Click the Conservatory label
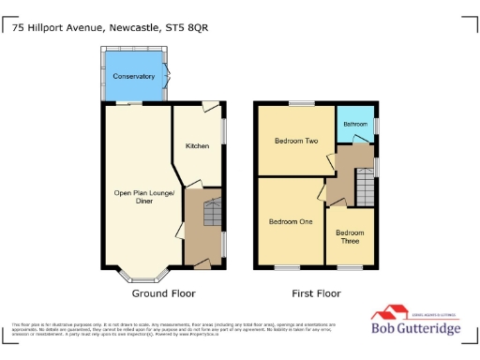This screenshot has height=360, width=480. pos(133,76)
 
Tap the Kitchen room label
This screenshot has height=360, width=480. pos(197,146)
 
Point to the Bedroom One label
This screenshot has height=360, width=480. pos(291,222)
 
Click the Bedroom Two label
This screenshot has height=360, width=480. pos(295,142)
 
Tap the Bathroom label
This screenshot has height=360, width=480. pos(355,124)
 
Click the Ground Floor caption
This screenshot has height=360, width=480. pos(163,293)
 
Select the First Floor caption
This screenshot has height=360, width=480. pos(315,293)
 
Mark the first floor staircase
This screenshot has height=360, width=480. pos(365,191)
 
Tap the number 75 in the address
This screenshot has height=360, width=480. pos(18,28)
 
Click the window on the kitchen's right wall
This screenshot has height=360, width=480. pos(224,129)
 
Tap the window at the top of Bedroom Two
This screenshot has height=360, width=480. pos(301,104)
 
